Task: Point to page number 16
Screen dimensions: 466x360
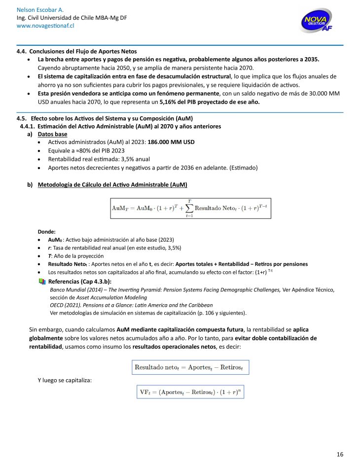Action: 340,454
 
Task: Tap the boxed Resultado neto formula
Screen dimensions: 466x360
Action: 190,367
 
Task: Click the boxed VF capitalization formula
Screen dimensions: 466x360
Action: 190,393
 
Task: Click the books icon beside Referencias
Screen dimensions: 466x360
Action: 41,282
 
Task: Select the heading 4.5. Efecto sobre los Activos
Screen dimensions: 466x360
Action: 105,119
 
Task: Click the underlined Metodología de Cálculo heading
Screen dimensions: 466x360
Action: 112,184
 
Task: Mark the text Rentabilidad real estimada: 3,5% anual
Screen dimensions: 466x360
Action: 99,159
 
